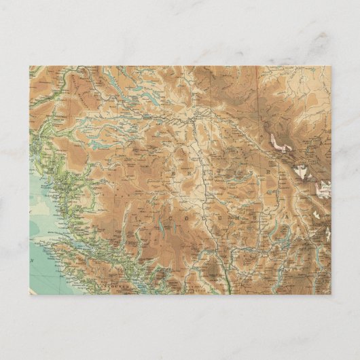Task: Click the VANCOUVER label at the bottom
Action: point(98,286)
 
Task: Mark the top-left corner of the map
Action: point(30,67)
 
